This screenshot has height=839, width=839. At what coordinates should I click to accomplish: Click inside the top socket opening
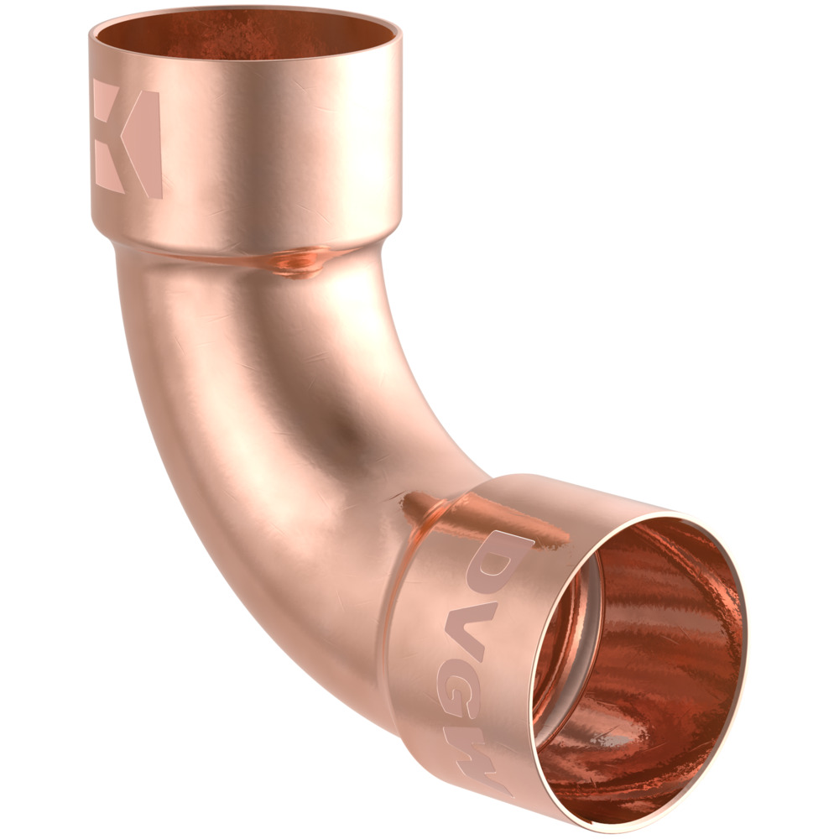pyautogui.click(x=243, y=38)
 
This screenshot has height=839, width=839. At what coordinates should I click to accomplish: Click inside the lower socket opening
pyautogui.click(x=646, y=663)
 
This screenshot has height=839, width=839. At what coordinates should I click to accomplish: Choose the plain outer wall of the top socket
pyautogui.click(x=277, y=143)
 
